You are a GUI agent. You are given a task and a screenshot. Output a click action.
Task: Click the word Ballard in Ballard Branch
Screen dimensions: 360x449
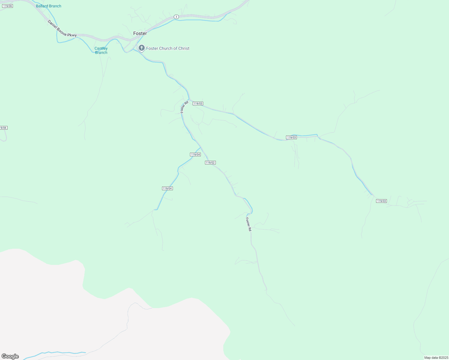click(x=42, y=6)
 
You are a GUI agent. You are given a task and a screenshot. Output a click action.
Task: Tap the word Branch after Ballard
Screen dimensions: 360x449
click(x=55, y=6)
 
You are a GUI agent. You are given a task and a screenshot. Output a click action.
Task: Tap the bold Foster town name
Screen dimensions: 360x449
click(x=140, y=33)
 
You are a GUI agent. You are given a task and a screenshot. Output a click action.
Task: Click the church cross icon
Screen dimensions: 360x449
click(x=142, y=48)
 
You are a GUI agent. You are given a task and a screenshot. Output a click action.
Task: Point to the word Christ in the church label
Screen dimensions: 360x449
click(x=184, y=48)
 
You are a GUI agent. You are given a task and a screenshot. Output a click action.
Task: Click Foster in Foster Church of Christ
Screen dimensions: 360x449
click(x=152, y=48)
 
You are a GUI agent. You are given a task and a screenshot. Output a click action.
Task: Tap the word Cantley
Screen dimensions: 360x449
click(x=101, y=48)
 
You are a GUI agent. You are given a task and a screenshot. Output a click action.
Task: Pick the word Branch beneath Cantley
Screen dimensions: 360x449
click(x=101, y=52)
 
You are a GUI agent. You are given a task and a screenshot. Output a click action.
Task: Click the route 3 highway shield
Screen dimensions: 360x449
click(x=176, y=17)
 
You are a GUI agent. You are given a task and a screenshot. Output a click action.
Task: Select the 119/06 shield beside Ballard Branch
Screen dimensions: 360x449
click(x=8, y=6)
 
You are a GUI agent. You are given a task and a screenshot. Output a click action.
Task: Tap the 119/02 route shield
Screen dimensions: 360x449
click(x=210, y=163)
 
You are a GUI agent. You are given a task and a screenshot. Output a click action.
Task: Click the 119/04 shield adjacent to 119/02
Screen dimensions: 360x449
click(x=195, y=154)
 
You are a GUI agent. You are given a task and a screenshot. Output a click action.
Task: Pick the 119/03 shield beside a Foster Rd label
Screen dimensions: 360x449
click(x=198, y=103)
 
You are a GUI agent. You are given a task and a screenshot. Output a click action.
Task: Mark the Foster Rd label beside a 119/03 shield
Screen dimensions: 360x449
click(x=184, y=107)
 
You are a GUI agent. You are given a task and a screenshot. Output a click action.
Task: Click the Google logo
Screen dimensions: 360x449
click(x=10, y=356)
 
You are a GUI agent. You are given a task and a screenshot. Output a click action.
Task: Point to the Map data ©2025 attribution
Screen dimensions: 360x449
click(x=436, y=358)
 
